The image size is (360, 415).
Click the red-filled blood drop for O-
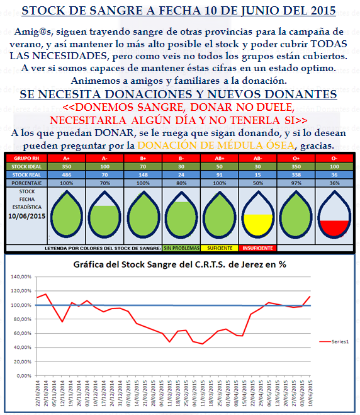tap(333, 218)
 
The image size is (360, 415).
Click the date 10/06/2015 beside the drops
tap(26, 216)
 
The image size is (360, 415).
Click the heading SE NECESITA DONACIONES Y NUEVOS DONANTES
tap(179, 94)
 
